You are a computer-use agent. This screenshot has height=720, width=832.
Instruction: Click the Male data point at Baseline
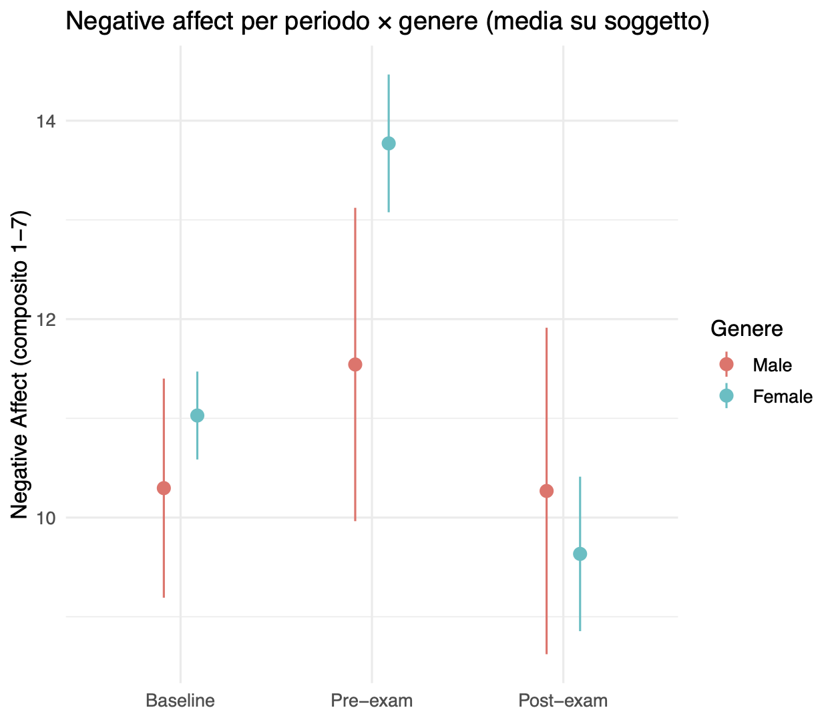click(164, 488)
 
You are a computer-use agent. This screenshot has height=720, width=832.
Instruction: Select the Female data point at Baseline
click(197, 415)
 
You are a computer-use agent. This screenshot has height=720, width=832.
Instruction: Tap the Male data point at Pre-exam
click(355, 364)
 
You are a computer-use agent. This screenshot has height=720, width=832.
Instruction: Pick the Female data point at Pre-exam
click(389, 144)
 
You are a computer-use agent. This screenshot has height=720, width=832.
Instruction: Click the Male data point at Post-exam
click(547, 491)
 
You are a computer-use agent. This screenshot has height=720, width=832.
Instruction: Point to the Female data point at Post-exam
click(580, 554)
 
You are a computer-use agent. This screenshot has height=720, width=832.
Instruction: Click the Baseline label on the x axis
click(180, 701)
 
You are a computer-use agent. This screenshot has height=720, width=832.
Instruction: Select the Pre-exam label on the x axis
click(372, 701)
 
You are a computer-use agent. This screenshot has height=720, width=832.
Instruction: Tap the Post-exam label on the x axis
click(563, 701)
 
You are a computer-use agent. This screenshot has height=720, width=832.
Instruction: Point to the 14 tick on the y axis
click(46, 122)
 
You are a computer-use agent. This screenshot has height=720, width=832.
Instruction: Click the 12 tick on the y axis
click(46, 319)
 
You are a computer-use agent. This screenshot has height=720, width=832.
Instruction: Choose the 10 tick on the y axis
click(46, 518)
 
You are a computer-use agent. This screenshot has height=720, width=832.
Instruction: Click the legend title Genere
click(747, 329)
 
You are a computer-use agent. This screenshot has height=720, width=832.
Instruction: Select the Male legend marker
click(726, 364)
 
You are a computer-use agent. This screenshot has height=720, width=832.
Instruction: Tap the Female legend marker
click(726, 396)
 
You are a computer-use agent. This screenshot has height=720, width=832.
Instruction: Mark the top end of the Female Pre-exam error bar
click(389, 75)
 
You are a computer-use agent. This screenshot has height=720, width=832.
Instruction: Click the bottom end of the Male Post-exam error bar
click(547, 653)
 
